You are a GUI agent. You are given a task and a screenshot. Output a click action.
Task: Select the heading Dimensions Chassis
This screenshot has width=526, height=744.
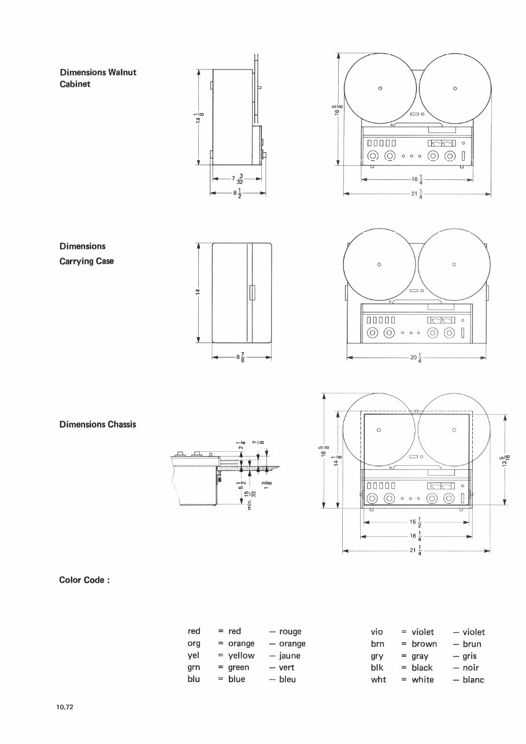[97, 424]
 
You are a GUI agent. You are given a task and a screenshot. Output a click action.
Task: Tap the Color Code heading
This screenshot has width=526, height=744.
[84, 580]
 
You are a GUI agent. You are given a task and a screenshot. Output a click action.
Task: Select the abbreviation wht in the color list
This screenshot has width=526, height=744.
[378, 680]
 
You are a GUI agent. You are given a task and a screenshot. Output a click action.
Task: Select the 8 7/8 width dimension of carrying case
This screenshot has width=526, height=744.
[241, 358]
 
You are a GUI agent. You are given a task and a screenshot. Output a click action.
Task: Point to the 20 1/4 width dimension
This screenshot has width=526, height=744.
[416, 358]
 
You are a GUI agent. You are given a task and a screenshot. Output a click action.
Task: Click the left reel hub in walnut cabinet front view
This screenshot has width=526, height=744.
[380, 88]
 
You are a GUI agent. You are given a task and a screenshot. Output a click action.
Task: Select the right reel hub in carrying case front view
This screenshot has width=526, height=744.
[454, 265]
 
